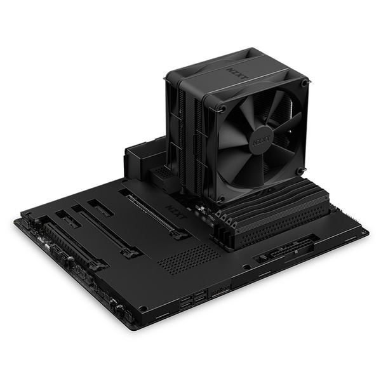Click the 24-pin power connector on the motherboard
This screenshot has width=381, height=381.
292,248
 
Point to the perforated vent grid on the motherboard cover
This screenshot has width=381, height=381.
189,258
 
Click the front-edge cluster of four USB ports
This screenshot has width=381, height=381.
194,300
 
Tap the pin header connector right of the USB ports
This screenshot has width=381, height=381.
220,290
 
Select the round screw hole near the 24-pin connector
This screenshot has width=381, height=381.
246,267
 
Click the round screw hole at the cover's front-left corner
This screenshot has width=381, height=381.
143,309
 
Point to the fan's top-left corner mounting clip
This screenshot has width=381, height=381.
222,108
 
